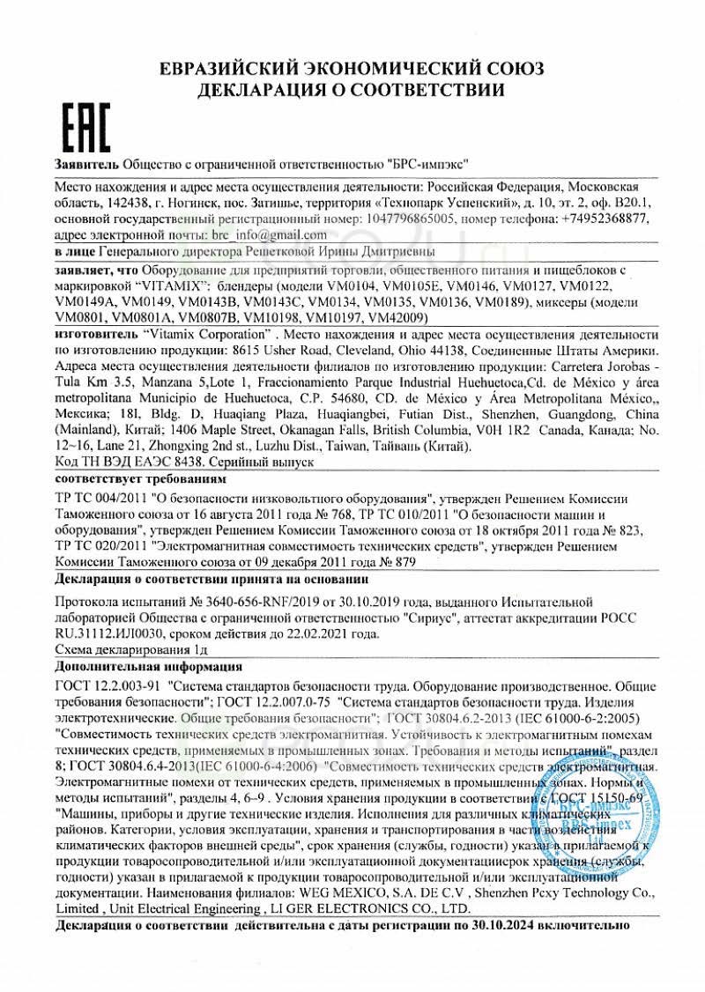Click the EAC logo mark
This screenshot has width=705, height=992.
coord(86,128)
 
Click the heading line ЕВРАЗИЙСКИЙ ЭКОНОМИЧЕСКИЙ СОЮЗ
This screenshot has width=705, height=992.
coord(352,69)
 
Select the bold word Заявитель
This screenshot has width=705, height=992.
coord(86,165)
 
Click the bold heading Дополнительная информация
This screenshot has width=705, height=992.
coord(141,667)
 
